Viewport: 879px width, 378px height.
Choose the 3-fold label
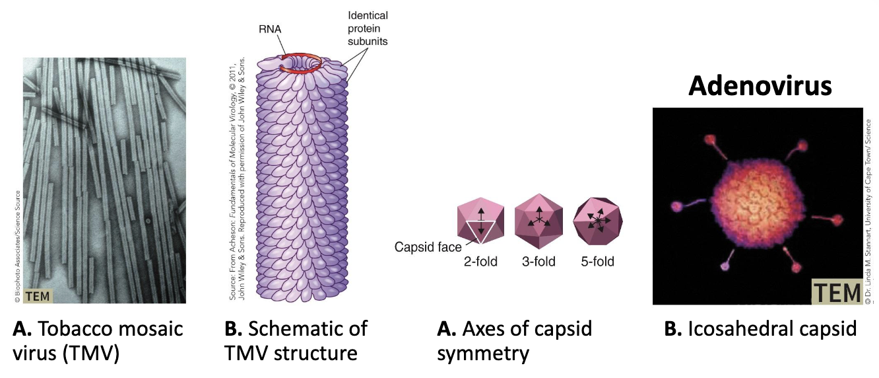(x=538, y=262)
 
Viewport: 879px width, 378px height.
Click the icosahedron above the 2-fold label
(x=480, y=221)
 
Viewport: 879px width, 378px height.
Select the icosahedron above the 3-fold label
(x=538, y=221)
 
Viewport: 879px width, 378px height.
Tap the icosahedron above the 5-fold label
(x=596, y=221)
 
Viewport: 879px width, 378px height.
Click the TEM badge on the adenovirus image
(x=835, y=292)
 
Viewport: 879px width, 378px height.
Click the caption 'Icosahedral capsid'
(x=760, y=328)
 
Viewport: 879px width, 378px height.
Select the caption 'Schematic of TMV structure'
(x=298, y=340)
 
